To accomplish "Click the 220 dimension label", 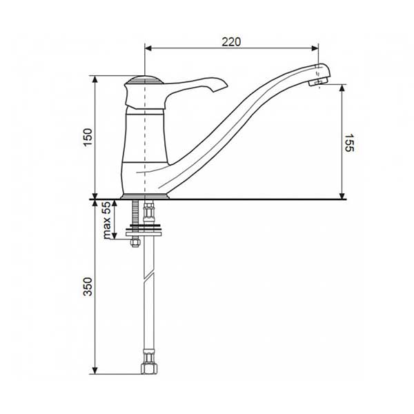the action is pyautogui.click(x=231, y=41).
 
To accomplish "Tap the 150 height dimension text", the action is pyautogui.click(x=88, y=137).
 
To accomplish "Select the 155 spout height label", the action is pyautogui.click(x=349, y=143).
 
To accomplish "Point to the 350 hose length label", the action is pyautogui.click(x=88, y=286).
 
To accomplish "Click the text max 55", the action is pyautogui.click(x=107, y=220).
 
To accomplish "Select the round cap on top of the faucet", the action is pyautogui.click(x=144, y=80).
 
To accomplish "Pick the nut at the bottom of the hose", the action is pyautogui.click(x=149, y=368).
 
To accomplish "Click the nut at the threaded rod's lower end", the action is pyautogui.click(x=135, y=242).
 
